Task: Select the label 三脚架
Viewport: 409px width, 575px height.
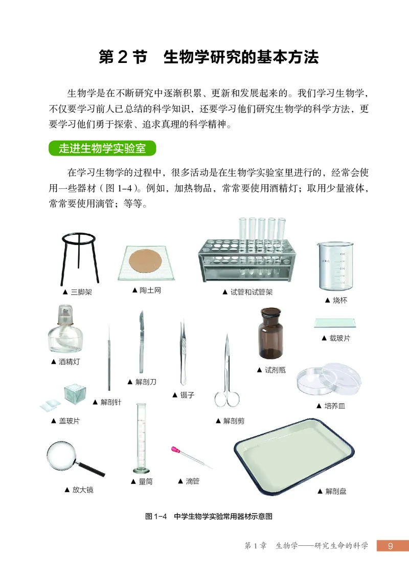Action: point(80,292)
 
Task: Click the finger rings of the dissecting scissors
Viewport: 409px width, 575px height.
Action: point(226,400)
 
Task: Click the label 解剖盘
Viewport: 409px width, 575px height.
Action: point(335,491)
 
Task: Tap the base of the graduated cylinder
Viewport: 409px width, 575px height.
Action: point(142,470)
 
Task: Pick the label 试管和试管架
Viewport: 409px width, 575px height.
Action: point(251,292)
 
